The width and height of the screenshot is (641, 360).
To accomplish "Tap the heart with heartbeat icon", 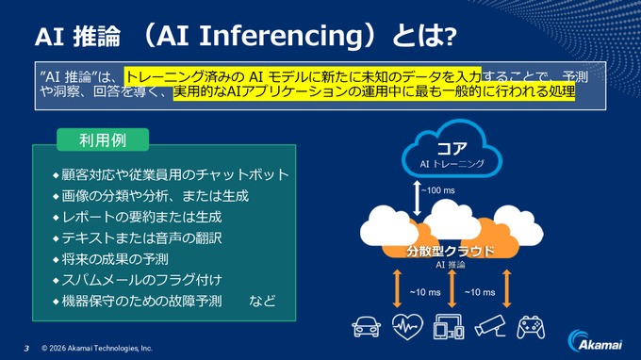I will pyautogui.click(x=403, y=327).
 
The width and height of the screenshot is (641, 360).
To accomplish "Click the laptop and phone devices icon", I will pyautogui.click(x=448, y=327).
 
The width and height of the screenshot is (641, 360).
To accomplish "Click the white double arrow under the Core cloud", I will pyautogui.click(x=415, y=196).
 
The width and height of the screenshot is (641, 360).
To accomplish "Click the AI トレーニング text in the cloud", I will pyautogui.click(x=452, y=164).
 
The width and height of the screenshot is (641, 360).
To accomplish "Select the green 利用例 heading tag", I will pyautogui.click(x=103, y=139).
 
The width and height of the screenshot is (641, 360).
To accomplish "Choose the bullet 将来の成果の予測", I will pyautogui.click(x=114, y=259).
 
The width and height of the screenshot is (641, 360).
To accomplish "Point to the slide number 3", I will pyautogui.click(x=26, y=347).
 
